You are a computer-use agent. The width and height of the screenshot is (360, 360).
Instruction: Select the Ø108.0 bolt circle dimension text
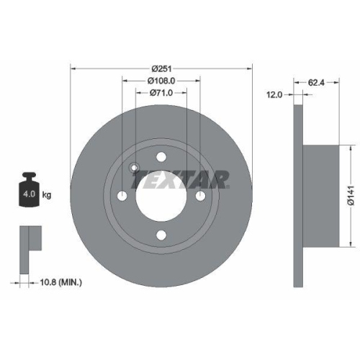click(x=161, y=80)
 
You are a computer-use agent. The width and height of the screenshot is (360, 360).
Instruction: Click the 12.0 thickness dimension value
click(x=274, y=94)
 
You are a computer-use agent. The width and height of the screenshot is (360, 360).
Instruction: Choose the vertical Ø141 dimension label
click(x=349, y=192)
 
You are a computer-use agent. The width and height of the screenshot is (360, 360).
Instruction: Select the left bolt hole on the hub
click(x=123, y=197)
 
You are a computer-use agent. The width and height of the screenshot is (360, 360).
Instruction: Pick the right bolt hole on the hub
click(x=200, y=197)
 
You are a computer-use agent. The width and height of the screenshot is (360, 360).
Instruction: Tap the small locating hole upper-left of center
click(x=134, y=168)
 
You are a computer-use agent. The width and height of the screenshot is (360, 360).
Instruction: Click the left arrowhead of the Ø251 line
click(x=73, y=68)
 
